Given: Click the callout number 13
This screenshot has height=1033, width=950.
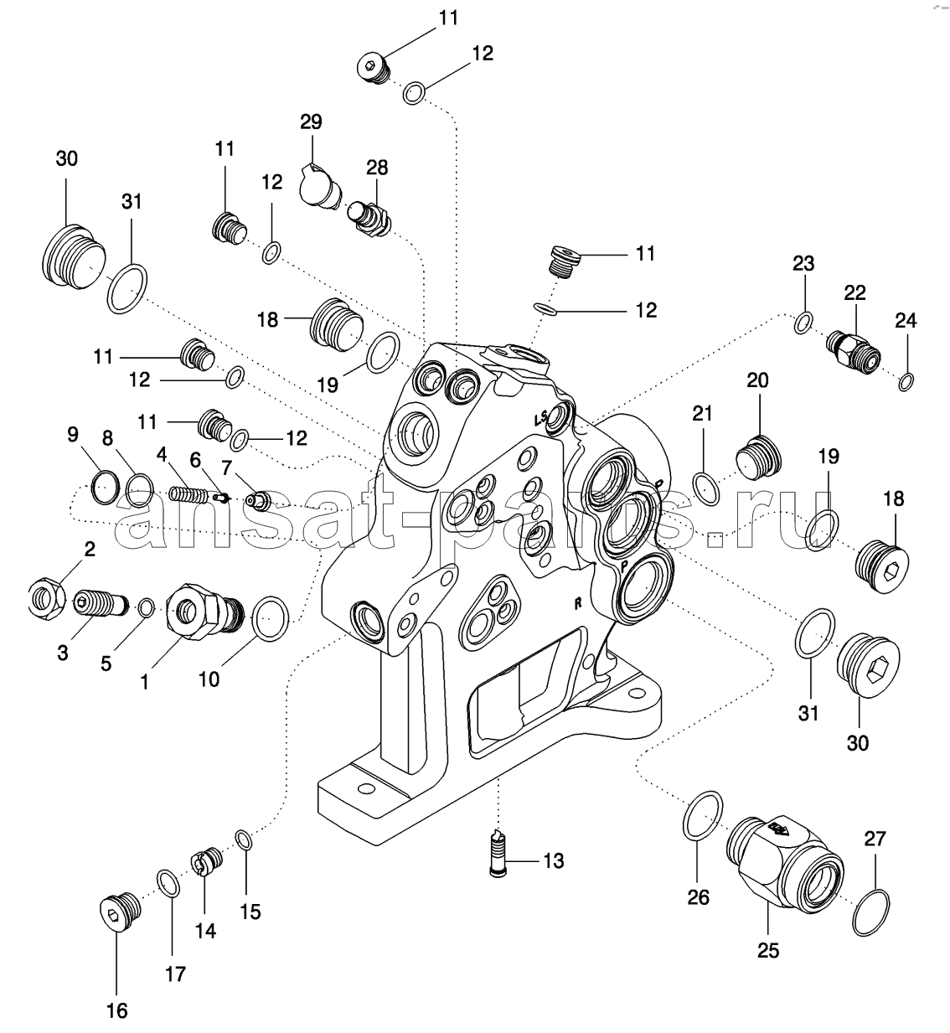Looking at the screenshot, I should [x=553, y=860].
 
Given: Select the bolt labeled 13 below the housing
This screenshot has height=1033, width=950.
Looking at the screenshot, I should [x=499, y=852].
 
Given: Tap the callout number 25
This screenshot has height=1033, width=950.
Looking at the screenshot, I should [x=768, y=950].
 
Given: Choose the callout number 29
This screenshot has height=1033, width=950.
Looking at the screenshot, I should [x=311, y=121].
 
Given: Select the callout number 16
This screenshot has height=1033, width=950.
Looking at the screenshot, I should [x=117, y=1010].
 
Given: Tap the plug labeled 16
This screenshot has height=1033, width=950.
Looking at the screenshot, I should [x=114, y=912].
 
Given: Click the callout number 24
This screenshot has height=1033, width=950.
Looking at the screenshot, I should [x=906, y=320].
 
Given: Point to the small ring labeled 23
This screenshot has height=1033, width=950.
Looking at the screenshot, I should [x=803, y=322].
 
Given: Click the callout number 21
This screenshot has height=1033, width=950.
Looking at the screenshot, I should [x=702, y=412].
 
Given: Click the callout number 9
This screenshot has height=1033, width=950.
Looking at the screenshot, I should [x=73, y=434].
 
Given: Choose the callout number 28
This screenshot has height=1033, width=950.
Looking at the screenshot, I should [x=377, y=168].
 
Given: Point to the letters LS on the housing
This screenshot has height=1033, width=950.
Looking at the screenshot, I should [x=542, y=416].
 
